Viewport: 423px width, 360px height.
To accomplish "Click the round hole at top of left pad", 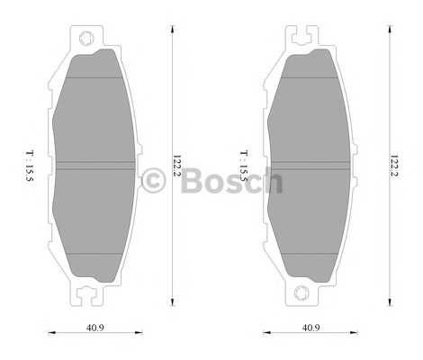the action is tap(86, 39).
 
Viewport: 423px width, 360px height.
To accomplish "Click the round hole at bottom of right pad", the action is tap(301, 292).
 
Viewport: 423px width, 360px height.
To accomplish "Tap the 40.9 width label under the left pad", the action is tap(95, 328).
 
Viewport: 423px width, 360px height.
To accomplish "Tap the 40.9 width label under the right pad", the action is tap(310, 328).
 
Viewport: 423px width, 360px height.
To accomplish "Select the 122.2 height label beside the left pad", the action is tap(176, 166).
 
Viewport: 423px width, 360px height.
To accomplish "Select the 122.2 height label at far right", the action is tap(393, 166).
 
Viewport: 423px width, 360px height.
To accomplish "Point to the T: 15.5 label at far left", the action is tap(30, 166).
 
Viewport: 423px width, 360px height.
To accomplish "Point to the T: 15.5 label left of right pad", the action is tap(244, 166).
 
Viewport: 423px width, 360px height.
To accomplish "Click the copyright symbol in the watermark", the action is tap(153, 181).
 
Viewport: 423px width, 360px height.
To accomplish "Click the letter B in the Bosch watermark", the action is tap(192, 181).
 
